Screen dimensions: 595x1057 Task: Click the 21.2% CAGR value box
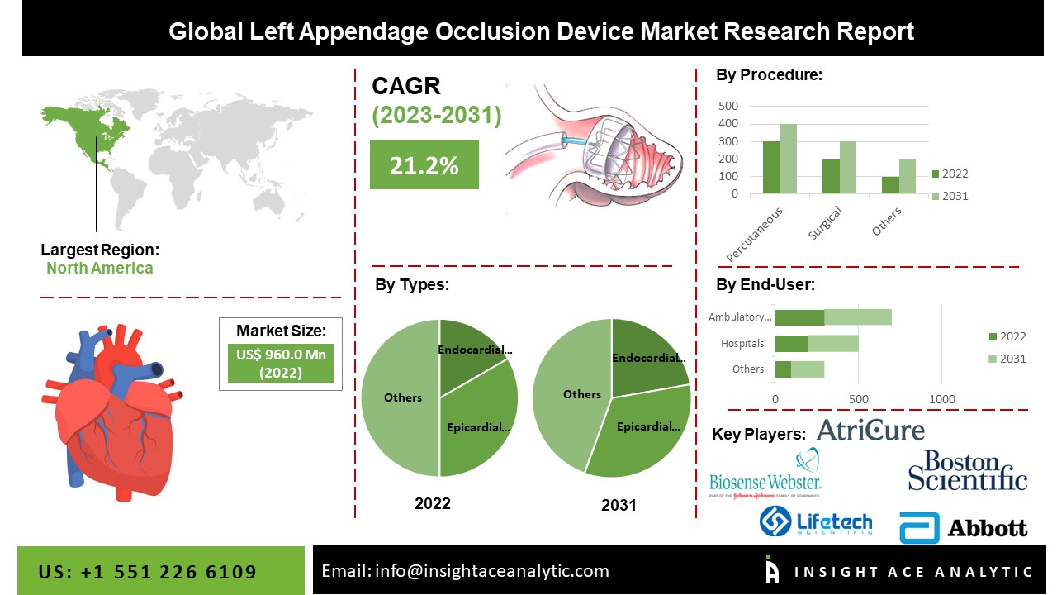pyautogui.click(x=424, y=164)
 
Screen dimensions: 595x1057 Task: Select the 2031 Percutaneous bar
pyautogui.click(x=789, y=159)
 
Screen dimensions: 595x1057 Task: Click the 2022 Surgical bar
pyautogui.click(x=831, y=176)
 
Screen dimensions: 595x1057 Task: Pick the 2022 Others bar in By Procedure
pyautogui.click(x=890, y=185)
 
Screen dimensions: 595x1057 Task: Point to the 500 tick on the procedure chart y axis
pyautogui.click(x=728, y=106)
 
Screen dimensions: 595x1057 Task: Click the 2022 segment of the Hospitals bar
pyautogui.click(x=791, y=343)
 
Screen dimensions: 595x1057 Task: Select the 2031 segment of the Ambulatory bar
pyautogui.click(x=858, y=317)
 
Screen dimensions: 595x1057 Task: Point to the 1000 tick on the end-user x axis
pyautogui.click(x=942, y=399)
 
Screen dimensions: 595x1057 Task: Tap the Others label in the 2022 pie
pyautogui.click(x=403, y=397)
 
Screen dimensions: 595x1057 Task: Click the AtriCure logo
pyautogui.click(x=870, y=430)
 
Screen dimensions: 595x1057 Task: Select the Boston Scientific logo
pyautogui.click(x=967, y=470)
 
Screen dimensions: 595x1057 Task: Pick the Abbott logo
pyautogui.click(x=963, y=528)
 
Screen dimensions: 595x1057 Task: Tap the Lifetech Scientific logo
pyautogui.click(x=815, y=521)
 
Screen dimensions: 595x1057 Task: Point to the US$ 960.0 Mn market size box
pyautogui.click(x=280, y=363)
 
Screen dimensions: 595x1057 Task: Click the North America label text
pyautogui.click(x=100, y=268)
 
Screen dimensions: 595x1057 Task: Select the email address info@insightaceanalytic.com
pyautogui.click(x=491, y=571)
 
